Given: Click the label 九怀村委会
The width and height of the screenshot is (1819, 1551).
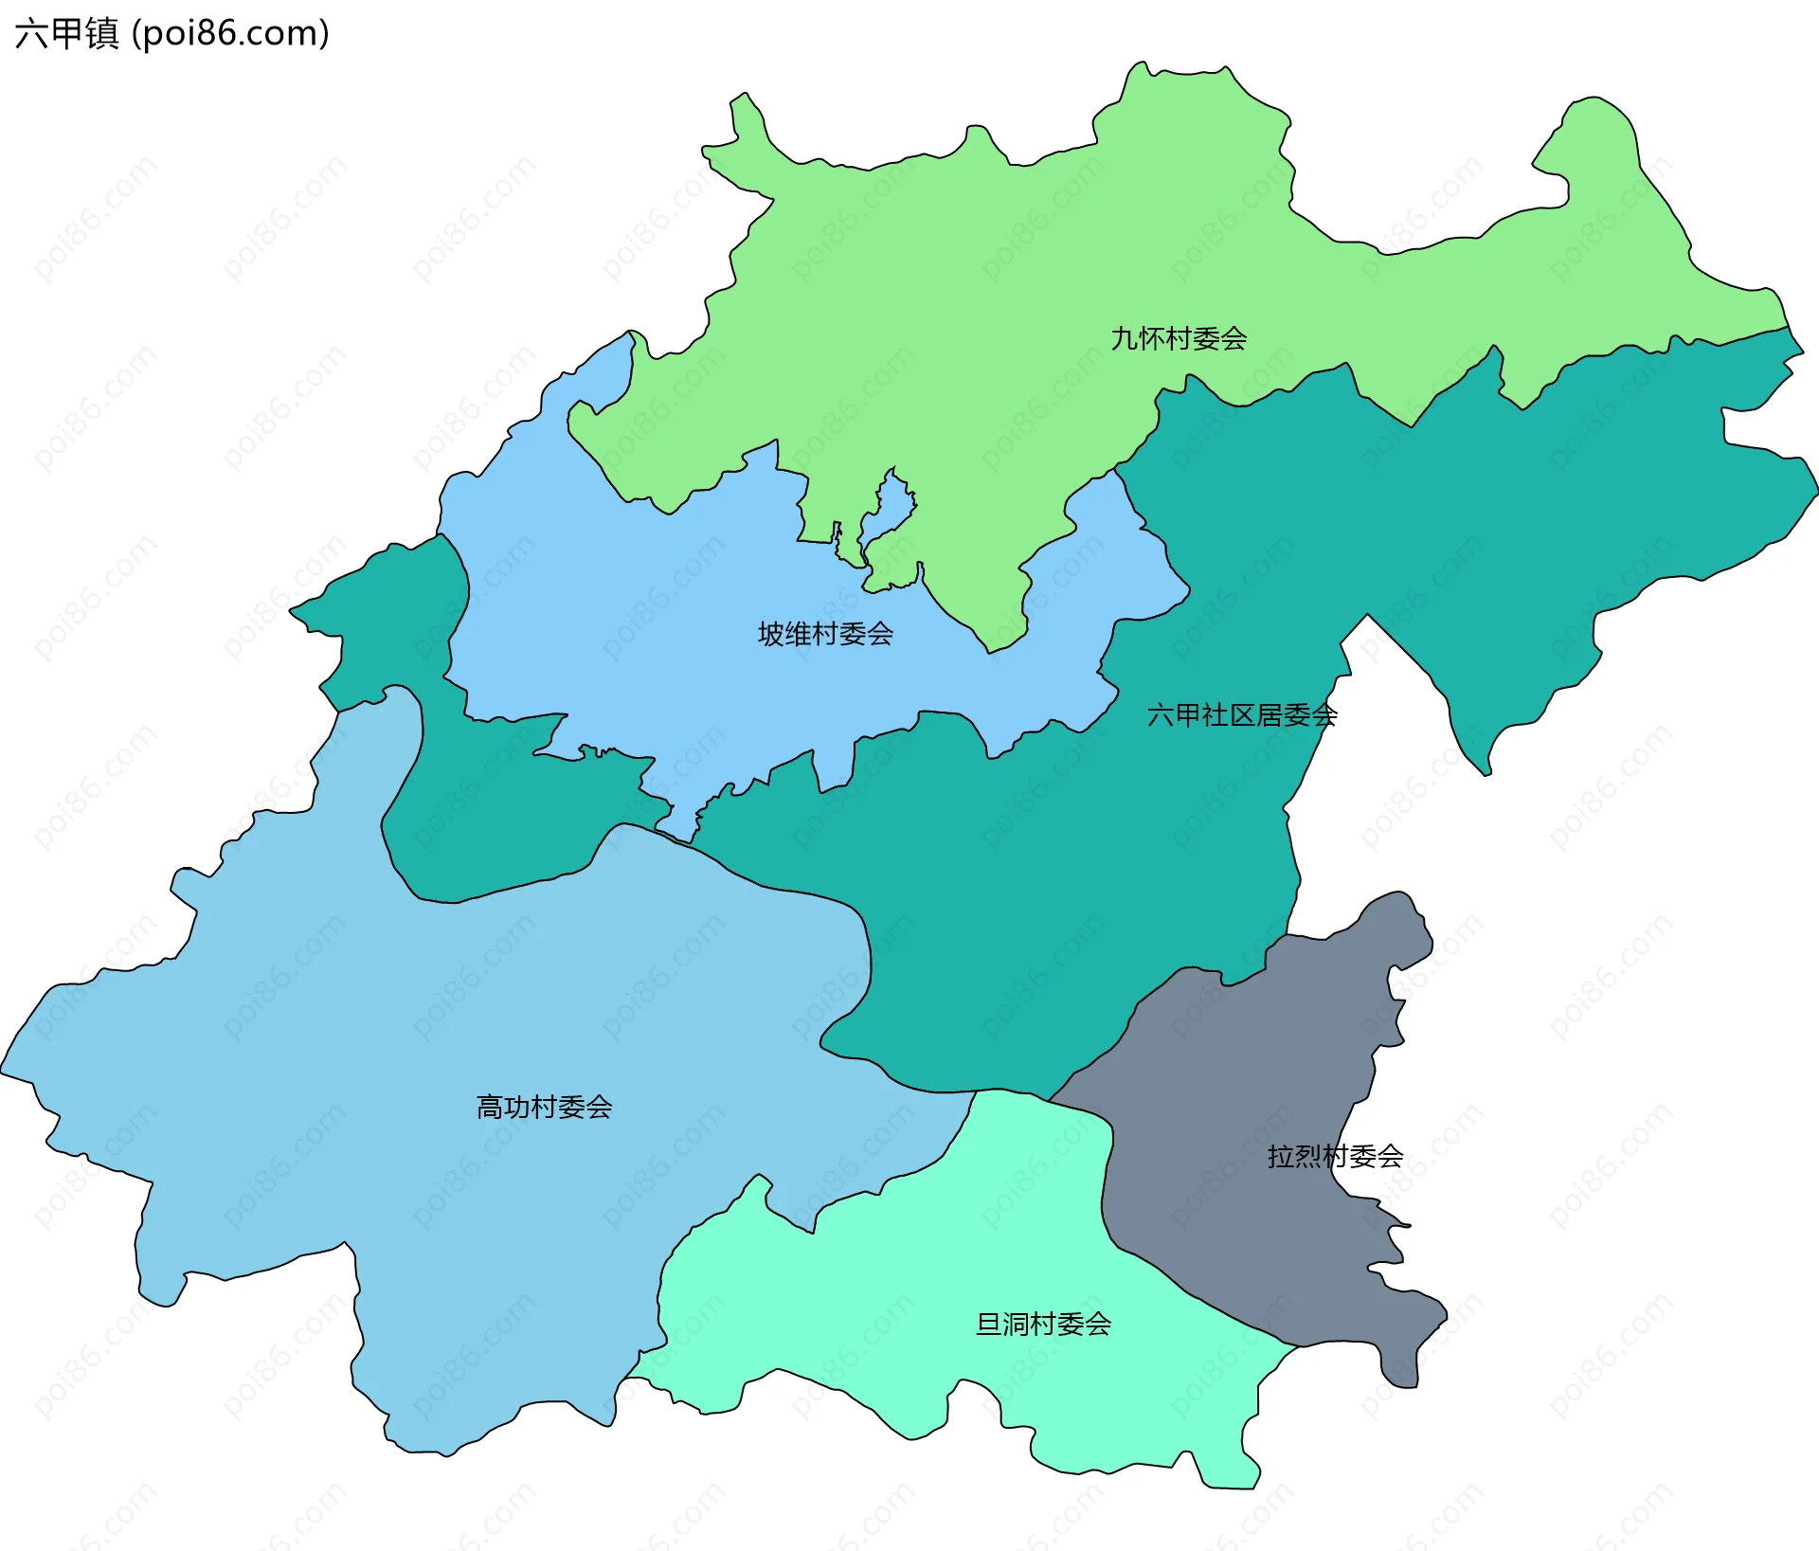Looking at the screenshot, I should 1178,338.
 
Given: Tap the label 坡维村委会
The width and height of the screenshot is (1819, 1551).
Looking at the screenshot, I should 825,634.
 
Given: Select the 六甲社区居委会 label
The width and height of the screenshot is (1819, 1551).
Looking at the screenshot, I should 1241,714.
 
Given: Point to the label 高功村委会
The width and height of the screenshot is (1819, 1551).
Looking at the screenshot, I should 544,1107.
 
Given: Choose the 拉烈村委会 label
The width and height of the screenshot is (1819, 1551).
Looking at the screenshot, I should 1335,1156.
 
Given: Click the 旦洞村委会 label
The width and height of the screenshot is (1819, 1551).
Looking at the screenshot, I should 1043,1324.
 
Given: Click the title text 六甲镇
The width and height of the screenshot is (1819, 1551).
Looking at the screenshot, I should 66,33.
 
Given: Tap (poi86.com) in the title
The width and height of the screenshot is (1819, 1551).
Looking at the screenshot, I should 230,33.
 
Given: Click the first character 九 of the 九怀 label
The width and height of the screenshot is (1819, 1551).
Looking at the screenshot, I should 1124,338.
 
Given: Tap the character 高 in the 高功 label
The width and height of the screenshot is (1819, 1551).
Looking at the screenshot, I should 489,1107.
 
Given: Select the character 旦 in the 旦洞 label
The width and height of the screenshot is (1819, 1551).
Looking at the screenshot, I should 988,1324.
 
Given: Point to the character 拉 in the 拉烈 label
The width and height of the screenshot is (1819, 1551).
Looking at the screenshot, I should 1280,1156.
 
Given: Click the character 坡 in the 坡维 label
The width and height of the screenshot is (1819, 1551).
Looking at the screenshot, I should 770,634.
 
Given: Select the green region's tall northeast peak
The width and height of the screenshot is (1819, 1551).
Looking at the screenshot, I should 1601,123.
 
